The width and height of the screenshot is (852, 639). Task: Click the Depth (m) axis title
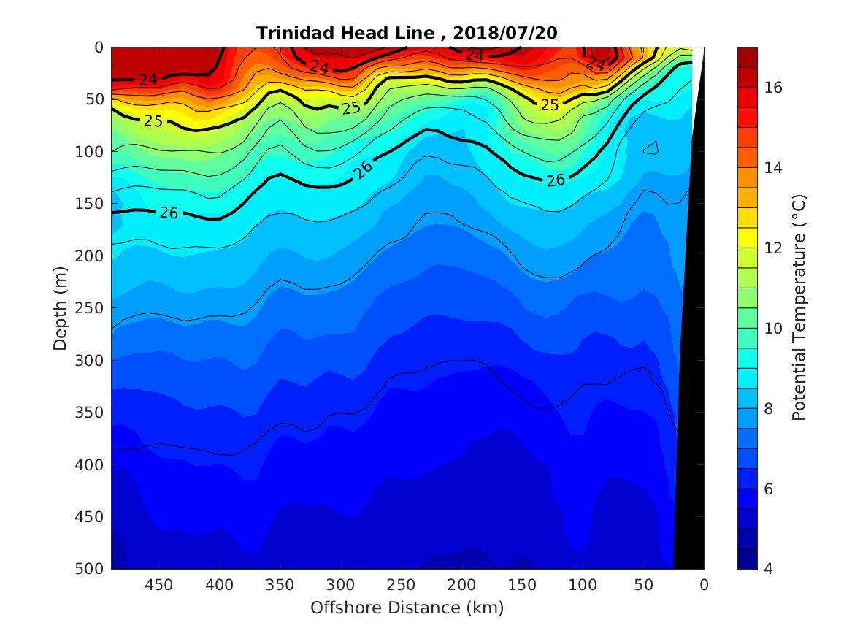(61, 307)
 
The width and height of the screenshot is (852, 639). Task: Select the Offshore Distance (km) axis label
(407, 608)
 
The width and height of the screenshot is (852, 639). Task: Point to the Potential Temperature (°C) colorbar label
(799, 307)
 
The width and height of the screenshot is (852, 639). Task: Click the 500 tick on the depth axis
(93, 569)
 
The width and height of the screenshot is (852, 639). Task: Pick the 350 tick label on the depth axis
(93, 413)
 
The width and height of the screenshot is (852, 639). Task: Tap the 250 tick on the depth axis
(93, 308)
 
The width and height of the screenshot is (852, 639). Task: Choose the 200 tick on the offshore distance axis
(461, 585)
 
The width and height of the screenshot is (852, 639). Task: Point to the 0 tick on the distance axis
(704, 585)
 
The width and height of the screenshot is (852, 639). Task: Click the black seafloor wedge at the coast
(690, 438)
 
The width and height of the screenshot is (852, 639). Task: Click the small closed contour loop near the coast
(651, 148)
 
